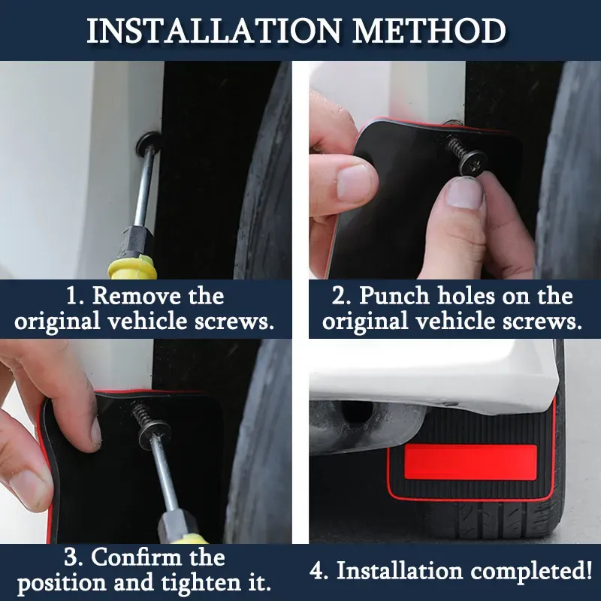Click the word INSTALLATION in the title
[213, 30]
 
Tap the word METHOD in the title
[429, 30]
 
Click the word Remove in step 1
[137, 296]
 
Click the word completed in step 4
[531, 572]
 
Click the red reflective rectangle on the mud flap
[470, 462]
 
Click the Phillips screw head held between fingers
[473, 162]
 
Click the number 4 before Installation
[318, 571]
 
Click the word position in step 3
[62, 584]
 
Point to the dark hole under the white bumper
[357, 411]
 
